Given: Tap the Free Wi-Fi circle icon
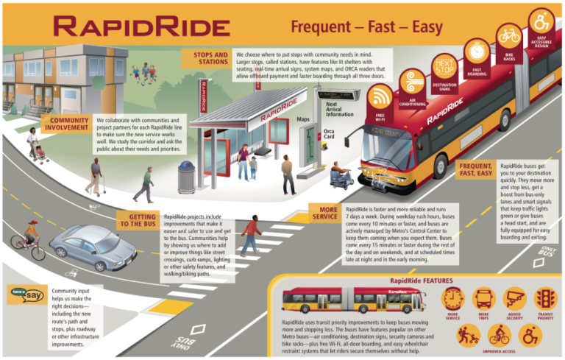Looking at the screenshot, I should [380, 96].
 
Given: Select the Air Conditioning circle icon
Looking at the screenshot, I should [411, 81].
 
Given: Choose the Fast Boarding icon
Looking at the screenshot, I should [477, 52].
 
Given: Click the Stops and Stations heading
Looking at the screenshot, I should [210, 58].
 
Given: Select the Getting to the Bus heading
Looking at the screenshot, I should [137, 220].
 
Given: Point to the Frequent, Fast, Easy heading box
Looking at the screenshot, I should [474, 170].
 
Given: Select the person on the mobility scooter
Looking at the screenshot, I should [338, 174].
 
